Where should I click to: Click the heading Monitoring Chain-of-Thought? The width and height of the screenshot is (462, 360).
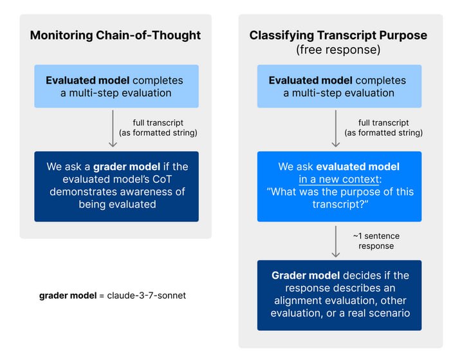[115, 35]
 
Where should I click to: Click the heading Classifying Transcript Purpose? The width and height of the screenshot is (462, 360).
[338, 35]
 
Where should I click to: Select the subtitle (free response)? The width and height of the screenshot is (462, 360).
[338, 50]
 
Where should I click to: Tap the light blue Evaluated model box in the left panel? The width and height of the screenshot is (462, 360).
[116, 86]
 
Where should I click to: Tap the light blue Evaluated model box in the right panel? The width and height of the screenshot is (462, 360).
[339, 86]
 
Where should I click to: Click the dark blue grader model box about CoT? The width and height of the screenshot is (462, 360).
[116, 186]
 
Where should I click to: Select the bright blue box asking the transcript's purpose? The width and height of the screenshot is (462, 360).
[339, 186]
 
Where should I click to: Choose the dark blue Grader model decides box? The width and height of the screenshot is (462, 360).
[339, 295]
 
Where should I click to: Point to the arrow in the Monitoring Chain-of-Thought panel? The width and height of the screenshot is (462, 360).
[113, 129]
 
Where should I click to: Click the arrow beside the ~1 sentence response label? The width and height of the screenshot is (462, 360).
[336, 242]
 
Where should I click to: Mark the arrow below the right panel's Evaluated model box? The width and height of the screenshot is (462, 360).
[336, 129]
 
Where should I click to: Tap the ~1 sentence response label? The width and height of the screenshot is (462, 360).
[376, 241]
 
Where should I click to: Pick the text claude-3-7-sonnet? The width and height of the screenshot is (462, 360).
[147, 296]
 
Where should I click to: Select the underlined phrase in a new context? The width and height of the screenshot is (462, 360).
[339, 179]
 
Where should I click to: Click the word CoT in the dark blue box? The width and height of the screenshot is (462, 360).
[162, 179]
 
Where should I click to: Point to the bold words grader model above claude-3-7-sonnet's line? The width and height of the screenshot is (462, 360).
[68, 296]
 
